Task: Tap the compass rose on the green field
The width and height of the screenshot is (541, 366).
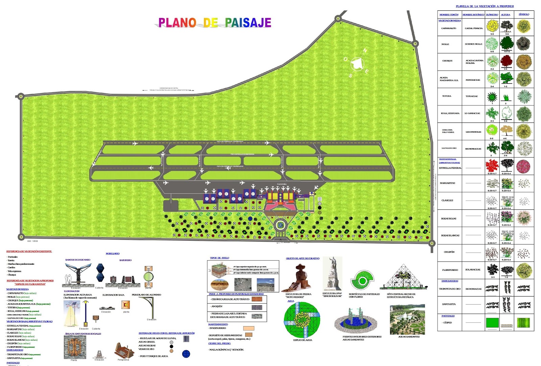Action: click(357, 63)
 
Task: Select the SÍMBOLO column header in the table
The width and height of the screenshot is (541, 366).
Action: click(524, 15)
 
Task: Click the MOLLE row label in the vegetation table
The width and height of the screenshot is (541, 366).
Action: click(445, 44)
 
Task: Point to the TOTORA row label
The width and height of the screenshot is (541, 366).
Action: click(447, 96)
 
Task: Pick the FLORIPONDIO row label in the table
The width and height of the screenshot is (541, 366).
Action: click(450, 270)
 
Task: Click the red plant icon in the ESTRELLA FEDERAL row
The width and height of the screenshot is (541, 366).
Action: click(492, 165)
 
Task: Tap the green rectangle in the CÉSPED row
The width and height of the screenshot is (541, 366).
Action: click(492, 323)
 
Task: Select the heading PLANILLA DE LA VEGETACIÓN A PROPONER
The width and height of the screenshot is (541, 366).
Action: click(485, 6)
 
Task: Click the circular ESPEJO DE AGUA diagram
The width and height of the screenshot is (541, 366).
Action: click(302, 320)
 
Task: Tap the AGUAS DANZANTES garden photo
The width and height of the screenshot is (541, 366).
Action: click(407, 319)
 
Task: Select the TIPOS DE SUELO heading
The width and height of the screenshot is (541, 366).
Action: click(219, 258)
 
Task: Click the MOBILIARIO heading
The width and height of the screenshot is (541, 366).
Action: click(113, 254)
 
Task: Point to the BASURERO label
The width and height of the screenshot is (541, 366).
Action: click(125, 260)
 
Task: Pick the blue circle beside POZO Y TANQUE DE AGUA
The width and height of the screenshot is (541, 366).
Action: click(186, 354)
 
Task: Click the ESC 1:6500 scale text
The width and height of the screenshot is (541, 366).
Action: click(33, 241)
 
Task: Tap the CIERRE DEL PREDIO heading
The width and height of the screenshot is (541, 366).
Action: click(219, 343)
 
